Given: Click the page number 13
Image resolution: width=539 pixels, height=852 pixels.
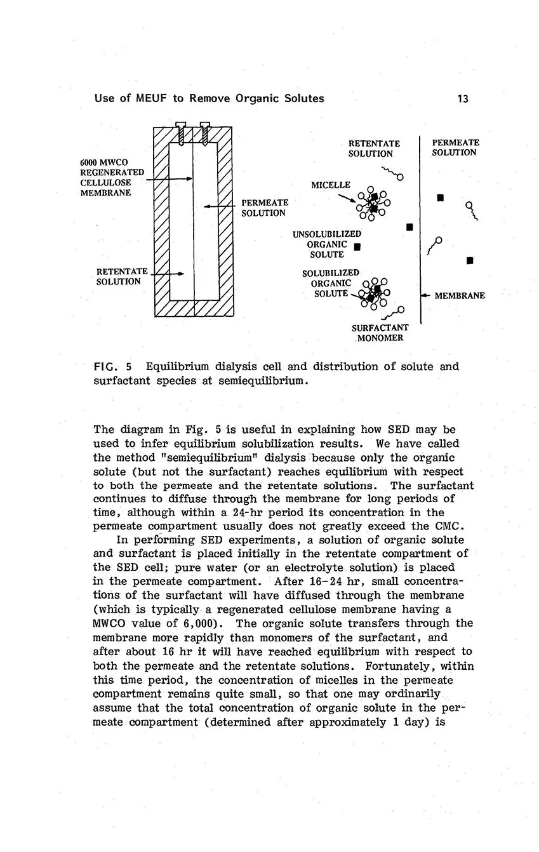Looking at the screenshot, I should coord(462,98).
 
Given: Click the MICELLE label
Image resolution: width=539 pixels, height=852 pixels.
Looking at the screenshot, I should coord(330,185).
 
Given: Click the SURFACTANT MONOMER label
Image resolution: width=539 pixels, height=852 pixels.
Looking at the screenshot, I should coord(380,333).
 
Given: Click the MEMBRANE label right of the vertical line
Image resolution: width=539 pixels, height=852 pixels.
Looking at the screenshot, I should coord(460,295).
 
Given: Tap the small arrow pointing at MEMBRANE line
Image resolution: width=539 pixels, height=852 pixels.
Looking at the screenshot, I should coord(426,295).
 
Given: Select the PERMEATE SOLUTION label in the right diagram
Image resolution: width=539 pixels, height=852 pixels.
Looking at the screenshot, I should coord(455,147).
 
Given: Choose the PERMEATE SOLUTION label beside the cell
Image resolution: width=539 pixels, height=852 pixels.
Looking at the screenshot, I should coord(264,208).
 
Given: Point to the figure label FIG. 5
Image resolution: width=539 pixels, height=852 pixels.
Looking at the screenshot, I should coord(112,367).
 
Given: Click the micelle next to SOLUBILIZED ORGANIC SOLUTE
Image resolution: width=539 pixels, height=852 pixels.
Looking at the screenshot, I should coord(375,293).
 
